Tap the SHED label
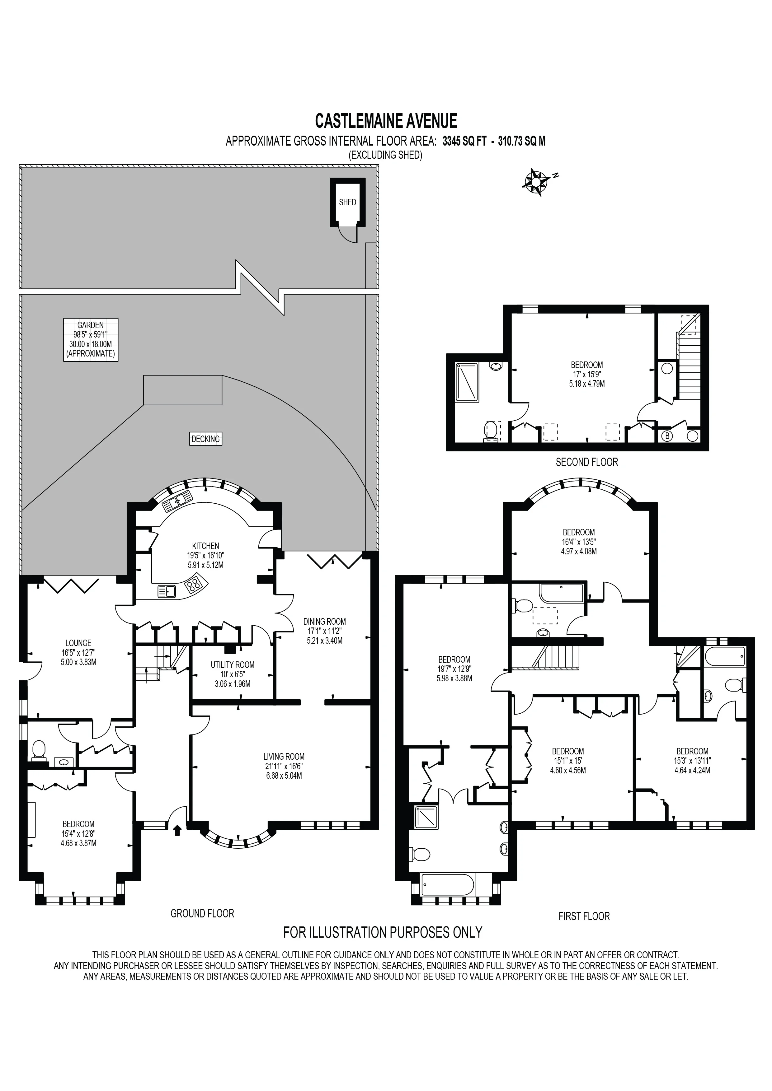point(347,202)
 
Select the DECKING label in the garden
point(205,439)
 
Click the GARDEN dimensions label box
point(90,340)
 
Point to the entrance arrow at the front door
point(177,830)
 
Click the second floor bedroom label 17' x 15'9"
point(586,374)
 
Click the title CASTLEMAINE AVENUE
point(386,121)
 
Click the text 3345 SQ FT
point(464,141)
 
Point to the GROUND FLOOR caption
point(203,913)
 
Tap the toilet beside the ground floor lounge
point(38,751)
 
